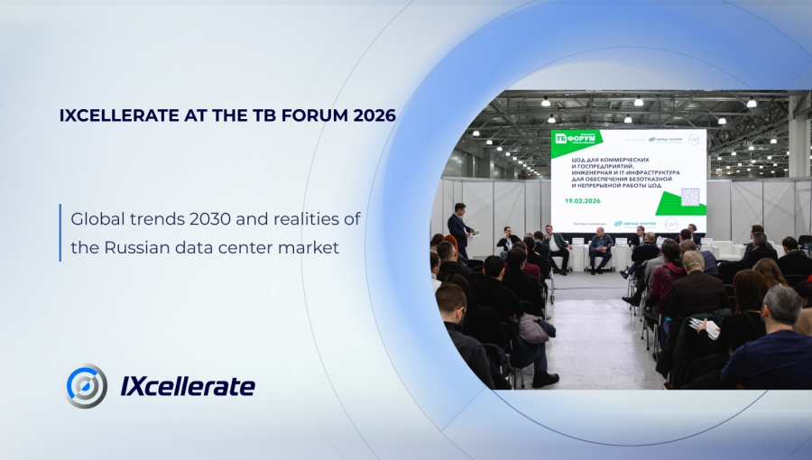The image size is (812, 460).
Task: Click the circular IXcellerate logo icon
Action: (x=87, y=386)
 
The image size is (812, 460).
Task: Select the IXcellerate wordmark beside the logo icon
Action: (x=188, y=387)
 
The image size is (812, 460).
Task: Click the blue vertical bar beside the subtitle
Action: (x=60, y=232)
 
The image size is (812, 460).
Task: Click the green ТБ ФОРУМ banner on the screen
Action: (x=577, y=140)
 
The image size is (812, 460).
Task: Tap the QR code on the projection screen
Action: (x=689, y=197)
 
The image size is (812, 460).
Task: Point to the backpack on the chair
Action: (x=531, y=328)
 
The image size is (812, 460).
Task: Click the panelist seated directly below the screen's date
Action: (x=599, y=247)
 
